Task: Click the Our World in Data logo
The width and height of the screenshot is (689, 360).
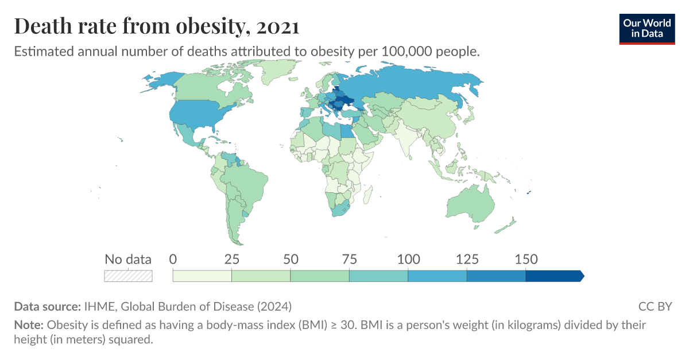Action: tap(647, 28)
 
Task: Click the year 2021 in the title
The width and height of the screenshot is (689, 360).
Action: tap(278, 26)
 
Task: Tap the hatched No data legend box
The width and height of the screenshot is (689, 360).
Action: tap(128, 276)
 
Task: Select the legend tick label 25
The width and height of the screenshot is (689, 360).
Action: tap(231, 259)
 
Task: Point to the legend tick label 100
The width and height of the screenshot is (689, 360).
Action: tap(408, 259)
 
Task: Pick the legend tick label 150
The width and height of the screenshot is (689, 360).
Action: tap(526, 259)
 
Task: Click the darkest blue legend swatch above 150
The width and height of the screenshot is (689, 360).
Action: tap(553, 276)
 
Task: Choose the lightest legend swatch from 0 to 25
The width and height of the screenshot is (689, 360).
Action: tap(202, 276)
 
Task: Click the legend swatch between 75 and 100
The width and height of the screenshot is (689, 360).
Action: tap(378, 276)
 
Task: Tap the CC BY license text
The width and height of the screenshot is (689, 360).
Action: tap(655, 306)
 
